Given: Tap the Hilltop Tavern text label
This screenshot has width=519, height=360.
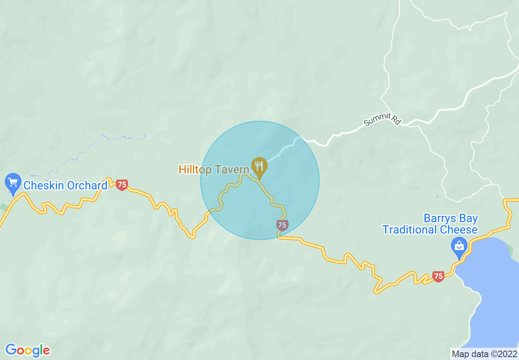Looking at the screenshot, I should (214, 169).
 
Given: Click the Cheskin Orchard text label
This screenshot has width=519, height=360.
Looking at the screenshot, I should (65, 185).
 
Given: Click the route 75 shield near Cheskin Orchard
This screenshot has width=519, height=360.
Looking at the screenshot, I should (122, 185).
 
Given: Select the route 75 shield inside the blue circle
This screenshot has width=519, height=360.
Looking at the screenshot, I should (282, 225).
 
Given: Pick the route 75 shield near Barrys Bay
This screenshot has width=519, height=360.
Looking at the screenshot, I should (438, 277).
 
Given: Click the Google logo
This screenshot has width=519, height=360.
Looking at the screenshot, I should (27, 350).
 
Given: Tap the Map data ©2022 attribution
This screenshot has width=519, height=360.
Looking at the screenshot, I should (484, 354).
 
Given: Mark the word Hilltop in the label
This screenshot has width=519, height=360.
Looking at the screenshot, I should (194, 169).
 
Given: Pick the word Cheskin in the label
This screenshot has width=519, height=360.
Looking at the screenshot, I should (44, 185).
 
